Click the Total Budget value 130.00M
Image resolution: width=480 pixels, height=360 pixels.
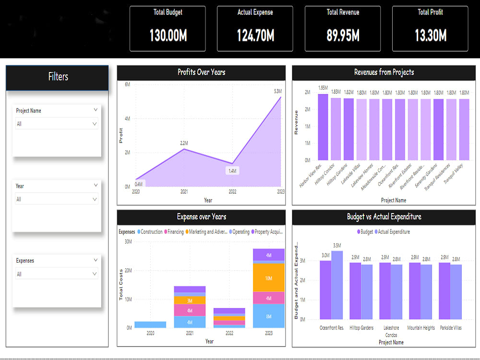[x=168, y=36]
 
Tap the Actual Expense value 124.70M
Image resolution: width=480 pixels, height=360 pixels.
[x=255, y=36]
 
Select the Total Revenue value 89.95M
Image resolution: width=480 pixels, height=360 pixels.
[x=343, y=36]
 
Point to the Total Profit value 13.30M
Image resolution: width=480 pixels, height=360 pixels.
[x=430, y=36]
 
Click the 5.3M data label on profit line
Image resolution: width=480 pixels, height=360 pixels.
[x=277, y=91]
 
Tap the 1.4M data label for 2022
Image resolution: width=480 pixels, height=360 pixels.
[x=232, y=171]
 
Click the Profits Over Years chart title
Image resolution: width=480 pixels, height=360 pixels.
[x=201, y=72]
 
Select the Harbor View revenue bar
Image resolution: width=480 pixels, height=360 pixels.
[x=323, y=127]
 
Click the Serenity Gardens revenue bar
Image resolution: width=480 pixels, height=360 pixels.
[x=438, y=130]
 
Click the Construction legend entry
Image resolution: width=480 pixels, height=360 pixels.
[x=149, y=232]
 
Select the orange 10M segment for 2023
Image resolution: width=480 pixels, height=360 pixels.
[x=268, y=278]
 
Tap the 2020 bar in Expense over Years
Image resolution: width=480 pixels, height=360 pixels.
[x=150, y=324]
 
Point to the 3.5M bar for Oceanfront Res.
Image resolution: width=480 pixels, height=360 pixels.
[x=337, y=285]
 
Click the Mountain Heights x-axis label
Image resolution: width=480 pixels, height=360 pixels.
[x=420, y=328]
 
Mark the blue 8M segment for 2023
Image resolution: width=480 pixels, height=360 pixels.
[x=268, y=317]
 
